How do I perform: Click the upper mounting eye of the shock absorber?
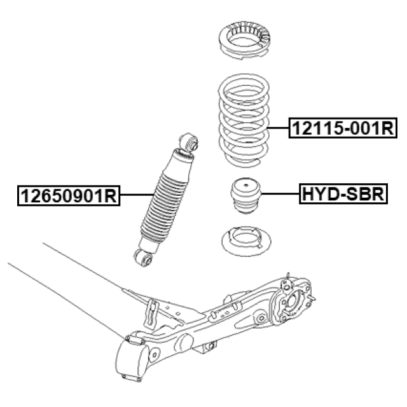point(188,142)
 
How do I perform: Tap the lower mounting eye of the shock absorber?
point(144,258)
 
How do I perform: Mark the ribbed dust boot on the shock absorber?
point(163,203)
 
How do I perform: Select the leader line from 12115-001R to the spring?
point(279,128)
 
